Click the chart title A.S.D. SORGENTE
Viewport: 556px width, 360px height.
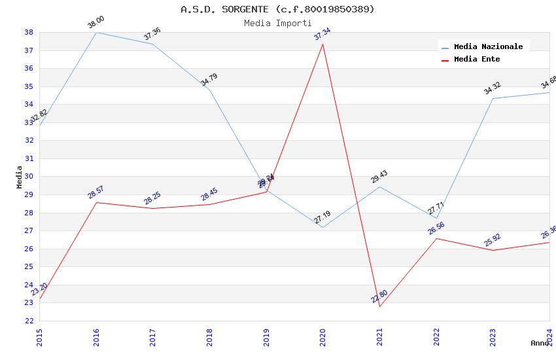(x=277, y=9)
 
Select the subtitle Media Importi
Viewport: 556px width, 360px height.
(x=277, y=23)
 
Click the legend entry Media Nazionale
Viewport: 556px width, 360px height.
(x=488, y=46)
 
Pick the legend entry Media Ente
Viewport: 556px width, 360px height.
(x=477, y=59)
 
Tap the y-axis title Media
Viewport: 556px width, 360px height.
(x=20, y=177)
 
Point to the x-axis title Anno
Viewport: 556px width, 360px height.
(x=540, y=343)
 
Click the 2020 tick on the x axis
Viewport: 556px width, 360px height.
(x=322, y=336)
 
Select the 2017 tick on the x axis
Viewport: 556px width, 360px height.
(x=152, y=336)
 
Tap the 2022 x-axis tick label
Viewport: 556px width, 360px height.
(x=436, y=336)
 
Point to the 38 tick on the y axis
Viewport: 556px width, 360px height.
(x=29, y=32)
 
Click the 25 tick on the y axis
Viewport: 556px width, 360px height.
(x=29, y=267)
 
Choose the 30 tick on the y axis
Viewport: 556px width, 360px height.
(x=29, y=177)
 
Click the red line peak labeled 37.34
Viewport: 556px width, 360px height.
(x=322, y=44)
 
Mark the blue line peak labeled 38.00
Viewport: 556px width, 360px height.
(x=96, y=32)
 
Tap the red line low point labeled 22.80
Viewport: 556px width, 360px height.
(x=379, y=306)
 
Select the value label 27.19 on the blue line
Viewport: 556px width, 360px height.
(x=322, y=217)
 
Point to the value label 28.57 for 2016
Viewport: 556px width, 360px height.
(x=96, y=192)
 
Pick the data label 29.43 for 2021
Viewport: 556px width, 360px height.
(x=379, y=177)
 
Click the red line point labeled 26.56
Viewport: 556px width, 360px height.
(x=436, y=238)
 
